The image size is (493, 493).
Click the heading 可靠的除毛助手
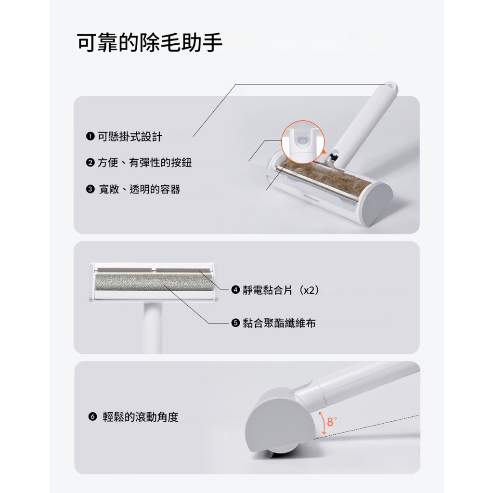coord(150,42)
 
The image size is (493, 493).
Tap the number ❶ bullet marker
coord(90,136)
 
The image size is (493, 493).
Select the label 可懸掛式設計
coord(130,137)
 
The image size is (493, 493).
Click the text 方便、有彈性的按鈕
coord(144,163)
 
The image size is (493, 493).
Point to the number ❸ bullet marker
coord(90,189)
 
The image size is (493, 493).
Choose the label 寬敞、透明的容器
coord(140,189)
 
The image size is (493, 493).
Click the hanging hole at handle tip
coord(390,85)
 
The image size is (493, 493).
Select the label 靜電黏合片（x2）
coord(281,290)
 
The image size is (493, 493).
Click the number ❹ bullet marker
coord(235,289)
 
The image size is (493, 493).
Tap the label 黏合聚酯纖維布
coord(279,323)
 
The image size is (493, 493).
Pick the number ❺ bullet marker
coord(235,323)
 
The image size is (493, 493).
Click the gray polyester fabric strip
coord(154,282)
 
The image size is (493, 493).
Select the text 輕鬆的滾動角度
coord(141,417)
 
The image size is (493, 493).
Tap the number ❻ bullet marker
coord(92,417)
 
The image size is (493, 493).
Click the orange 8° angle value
coord(332,422)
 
